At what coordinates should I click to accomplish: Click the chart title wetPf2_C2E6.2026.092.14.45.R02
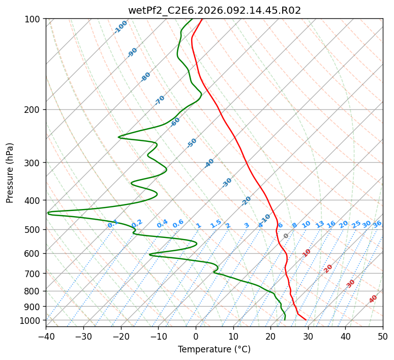pyautogui.click(x=214, y=11)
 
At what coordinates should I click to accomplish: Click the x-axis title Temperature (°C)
pyautogui.click(x=214, y=350)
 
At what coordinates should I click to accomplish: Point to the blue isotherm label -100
pyautogui.click(x=120, y=27)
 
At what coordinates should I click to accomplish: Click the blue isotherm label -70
pyautogui.click(x=160, y=100)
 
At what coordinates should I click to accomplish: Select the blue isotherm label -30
pyautogui.click(x=227, y=183)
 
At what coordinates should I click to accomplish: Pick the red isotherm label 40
pyautogui.click(x=373, y=299)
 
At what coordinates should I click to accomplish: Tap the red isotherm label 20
pyautogui.click(x=328, y=268)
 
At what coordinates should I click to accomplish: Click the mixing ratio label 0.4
pyautogui.click(x=162, y=224)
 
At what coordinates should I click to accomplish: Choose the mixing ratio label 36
pyautogui.click(x=377, y=224)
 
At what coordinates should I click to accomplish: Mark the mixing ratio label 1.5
pyautogui.click(x=216, y=223)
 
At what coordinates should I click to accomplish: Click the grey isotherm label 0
pyautogui.click(x=286, y=236)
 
